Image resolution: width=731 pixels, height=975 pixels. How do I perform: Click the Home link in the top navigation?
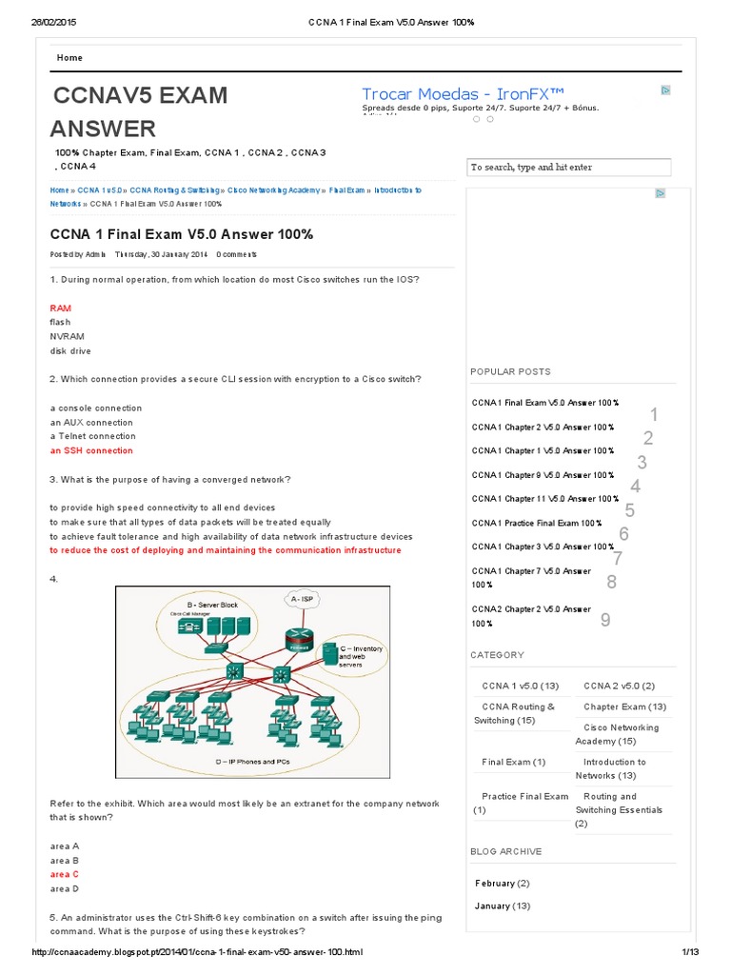[x=69, y=58]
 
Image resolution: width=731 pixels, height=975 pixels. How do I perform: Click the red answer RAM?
[x=60, y=308]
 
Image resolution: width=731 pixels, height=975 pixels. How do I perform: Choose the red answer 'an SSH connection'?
[x=91, y=450]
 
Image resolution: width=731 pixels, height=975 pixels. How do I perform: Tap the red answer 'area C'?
[x=65, y=874]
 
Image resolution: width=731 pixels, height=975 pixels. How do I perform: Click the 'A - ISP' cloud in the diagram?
[x=303, y=599]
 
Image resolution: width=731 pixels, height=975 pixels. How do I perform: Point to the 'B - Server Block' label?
[x=212, y=606]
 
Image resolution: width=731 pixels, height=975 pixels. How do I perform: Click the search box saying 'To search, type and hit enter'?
[x=569, y=168]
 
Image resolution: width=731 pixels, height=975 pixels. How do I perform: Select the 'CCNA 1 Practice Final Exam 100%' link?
[x=537, y=523]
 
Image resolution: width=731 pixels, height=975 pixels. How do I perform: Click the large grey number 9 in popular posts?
[x=605, y=621]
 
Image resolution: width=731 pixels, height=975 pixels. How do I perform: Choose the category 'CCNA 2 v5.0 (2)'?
[x=619, y=686]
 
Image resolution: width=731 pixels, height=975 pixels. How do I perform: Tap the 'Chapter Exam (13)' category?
[x=624, y=706]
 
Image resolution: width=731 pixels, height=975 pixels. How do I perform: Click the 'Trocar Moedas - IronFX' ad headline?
[x=463, y=93]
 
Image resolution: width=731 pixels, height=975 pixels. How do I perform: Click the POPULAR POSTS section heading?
[x=510, y=371]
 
